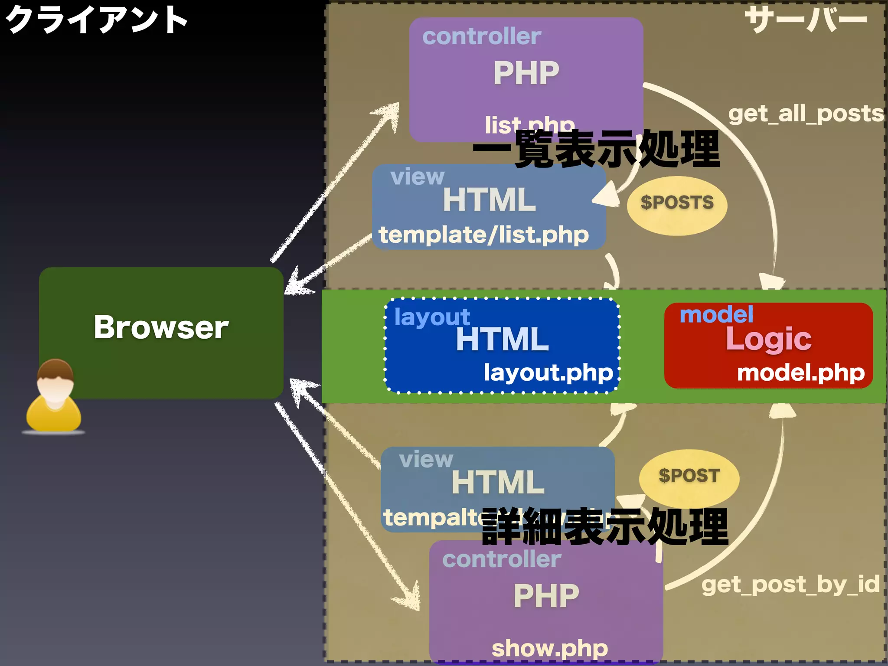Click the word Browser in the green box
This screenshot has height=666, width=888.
(161, 327)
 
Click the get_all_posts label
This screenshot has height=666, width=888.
(806, 114)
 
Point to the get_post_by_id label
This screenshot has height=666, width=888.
(790, 584)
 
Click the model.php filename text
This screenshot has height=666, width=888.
(800, 373)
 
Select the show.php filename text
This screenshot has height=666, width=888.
(549, 649)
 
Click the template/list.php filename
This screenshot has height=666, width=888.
(483, 235)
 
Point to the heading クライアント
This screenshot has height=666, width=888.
(96, 20)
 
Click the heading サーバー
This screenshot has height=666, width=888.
(806, 20)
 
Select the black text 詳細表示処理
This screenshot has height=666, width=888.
(605, 527)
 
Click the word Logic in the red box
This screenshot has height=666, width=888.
(768, 340)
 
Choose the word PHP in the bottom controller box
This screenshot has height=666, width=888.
(546, 596)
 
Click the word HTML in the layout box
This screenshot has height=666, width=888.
(502, 340)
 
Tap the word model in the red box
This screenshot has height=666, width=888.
(716, 314)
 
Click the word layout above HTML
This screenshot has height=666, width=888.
(432, 317)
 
